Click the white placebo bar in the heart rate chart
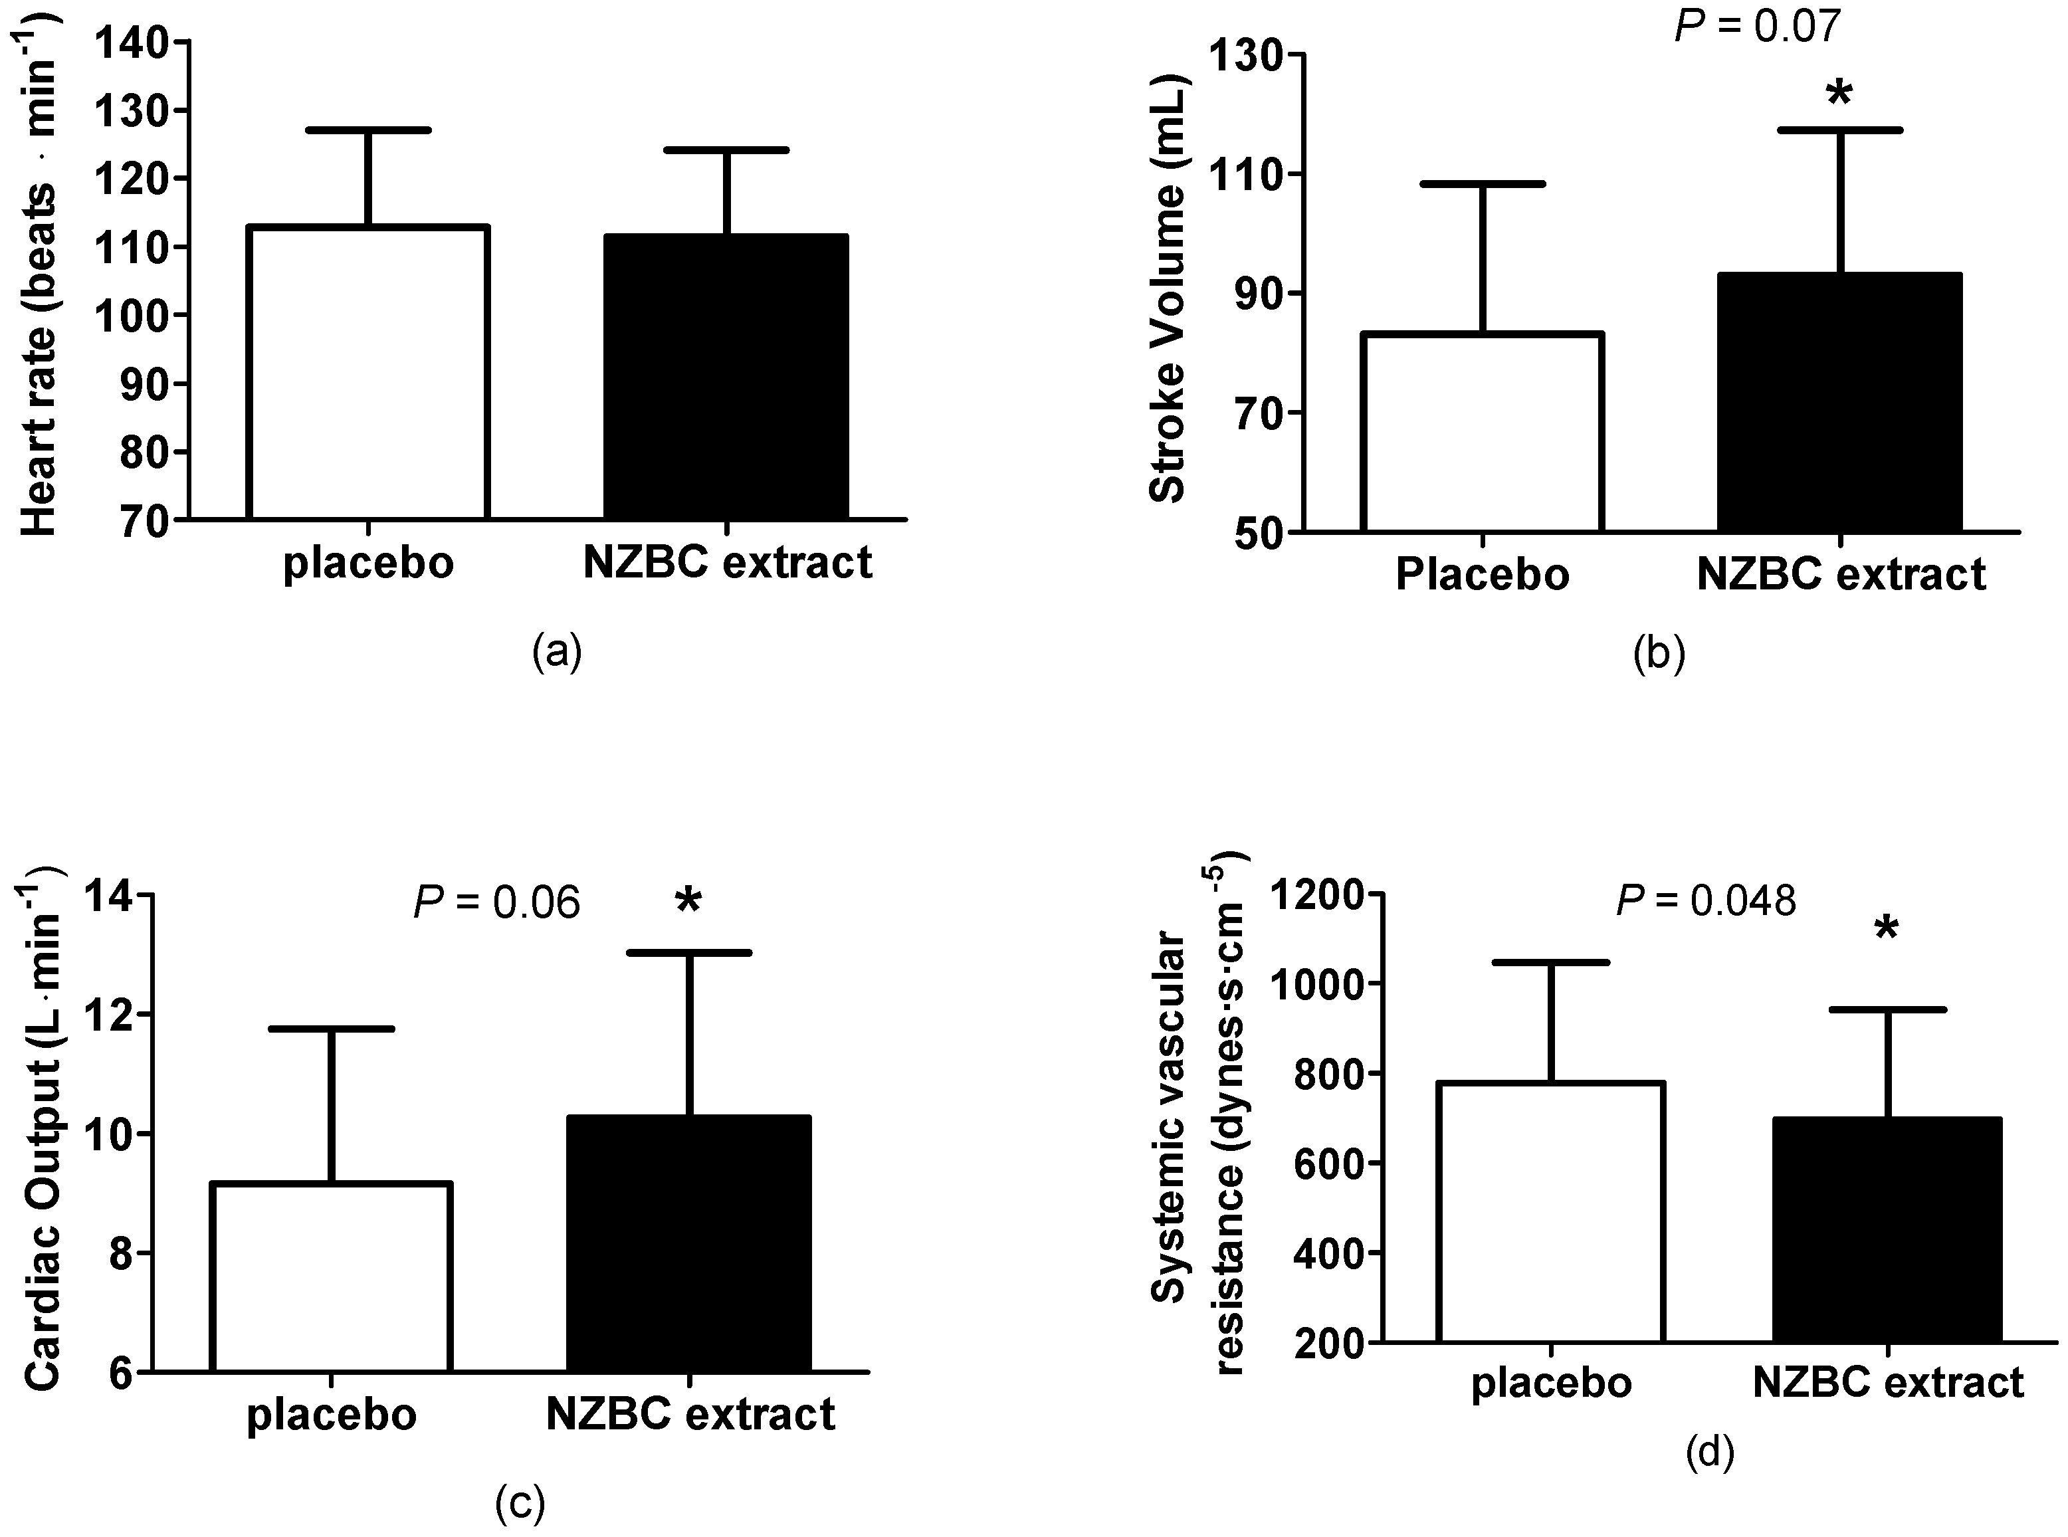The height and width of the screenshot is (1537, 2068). (368, 372)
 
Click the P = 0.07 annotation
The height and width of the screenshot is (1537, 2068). (1756, 26)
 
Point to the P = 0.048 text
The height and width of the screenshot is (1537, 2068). (1706, 900)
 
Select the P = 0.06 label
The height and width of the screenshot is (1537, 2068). (497, 902)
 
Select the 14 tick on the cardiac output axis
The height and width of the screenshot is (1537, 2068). (110, 896)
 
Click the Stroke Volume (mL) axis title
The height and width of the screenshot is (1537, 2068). (1166, 290)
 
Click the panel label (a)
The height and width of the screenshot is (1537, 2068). (558, 651)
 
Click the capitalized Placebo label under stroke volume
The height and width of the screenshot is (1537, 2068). (1482, 575)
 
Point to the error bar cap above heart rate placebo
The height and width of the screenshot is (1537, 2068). (368, 130)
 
